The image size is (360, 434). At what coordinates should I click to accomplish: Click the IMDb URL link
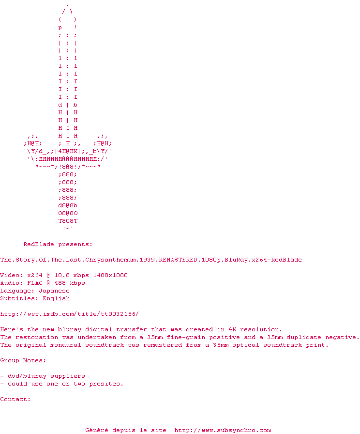pyautogui.click(x=69, y=314)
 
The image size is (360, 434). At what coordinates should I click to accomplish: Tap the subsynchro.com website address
pyautogui.click(x=223, y=430)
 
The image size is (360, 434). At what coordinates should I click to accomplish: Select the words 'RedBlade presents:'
pyautogui.click(x=58, y=244)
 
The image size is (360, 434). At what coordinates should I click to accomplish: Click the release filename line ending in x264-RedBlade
pyautogui.click(x=151, y=260)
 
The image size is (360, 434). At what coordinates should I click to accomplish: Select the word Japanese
pyautogui.click(x=54, y=291)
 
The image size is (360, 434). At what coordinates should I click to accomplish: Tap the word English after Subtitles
pyautogui.click(x=56, y=298)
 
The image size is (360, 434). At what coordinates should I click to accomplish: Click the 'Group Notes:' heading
pyautogui.click(x=23, y=360)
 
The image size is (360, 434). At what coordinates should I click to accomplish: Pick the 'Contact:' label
pyautogui.click(x=15, y=399)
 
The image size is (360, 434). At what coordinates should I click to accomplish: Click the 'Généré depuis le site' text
pyautogui.click(x=126, y=430)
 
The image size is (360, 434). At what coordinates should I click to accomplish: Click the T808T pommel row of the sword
pyautogui.click(x=68, y=221)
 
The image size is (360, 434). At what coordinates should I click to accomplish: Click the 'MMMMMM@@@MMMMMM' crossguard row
pyautogui.click(x=68, y=159)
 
